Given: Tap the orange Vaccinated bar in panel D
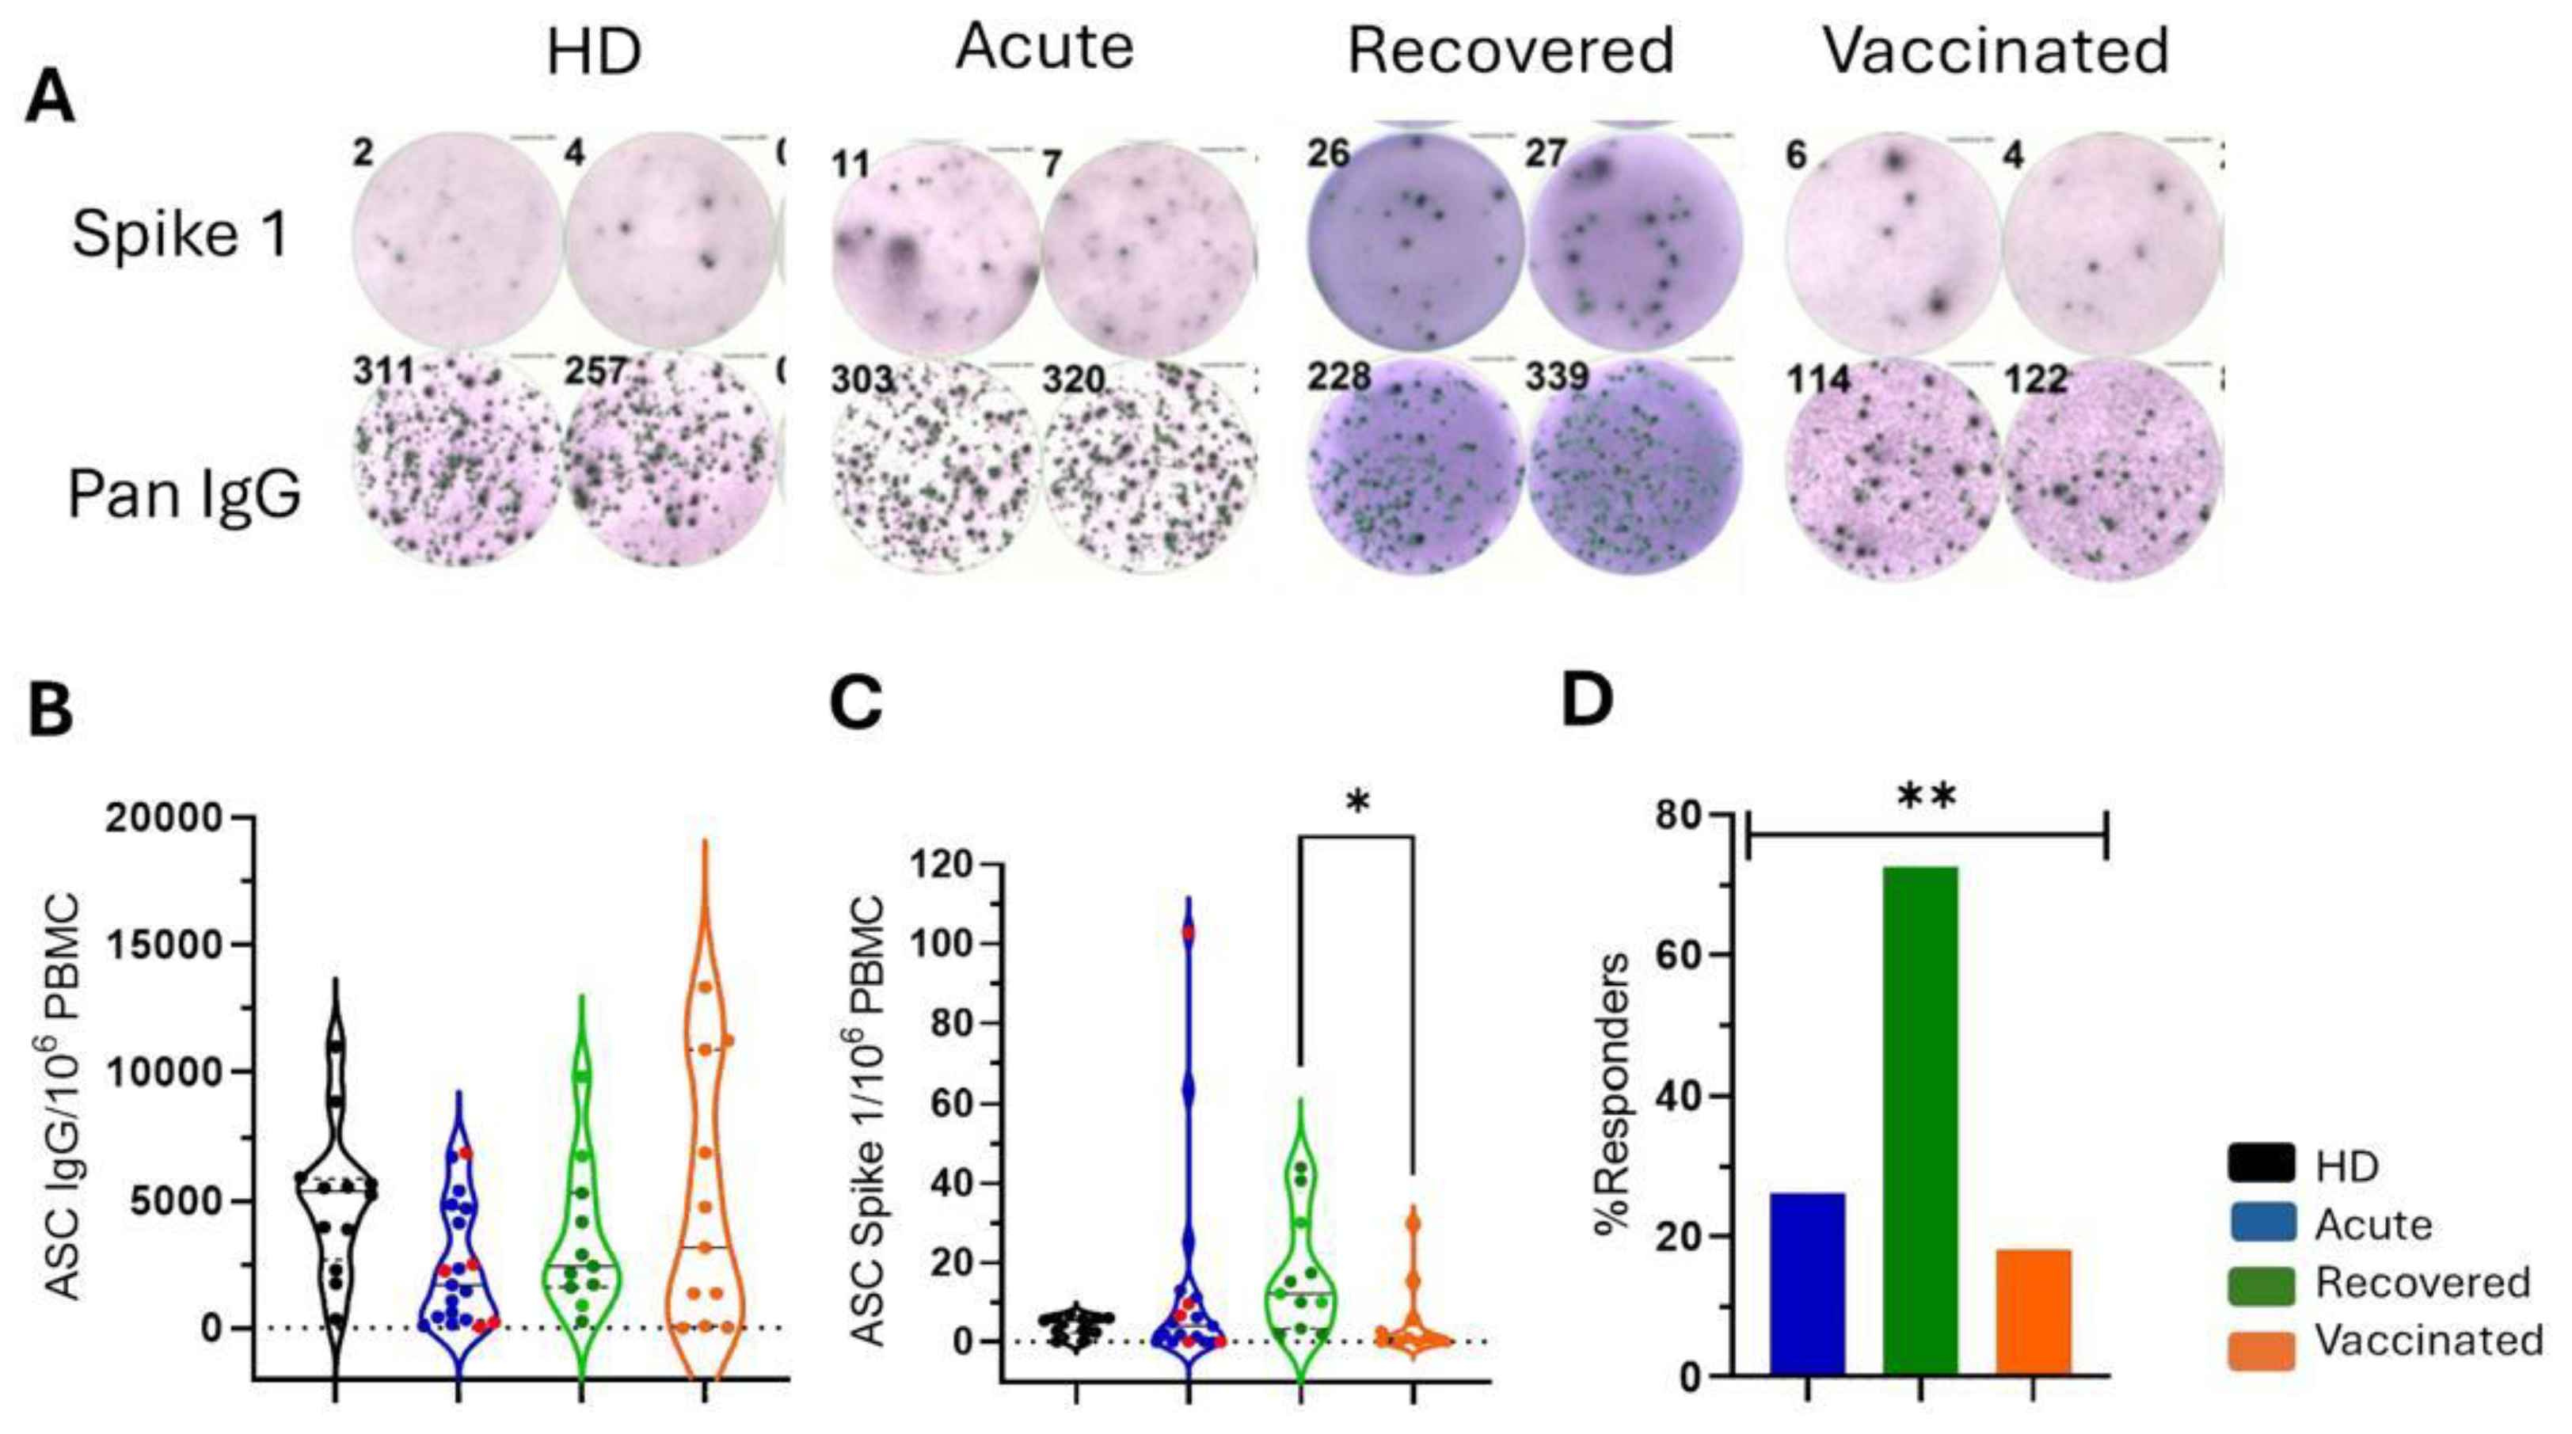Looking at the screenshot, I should point(2034,1310).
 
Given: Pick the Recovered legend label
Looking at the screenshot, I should point(2422,1282).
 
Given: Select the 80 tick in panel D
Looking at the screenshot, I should point(1706,816).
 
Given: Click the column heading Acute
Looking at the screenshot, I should point(1044,47).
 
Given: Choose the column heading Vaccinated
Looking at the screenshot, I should point(1997,50).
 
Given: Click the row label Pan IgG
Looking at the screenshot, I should point(185,494).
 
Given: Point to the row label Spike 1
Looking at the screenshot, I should point(181,236).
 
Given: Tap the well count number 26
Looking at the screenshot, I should point(1329,153).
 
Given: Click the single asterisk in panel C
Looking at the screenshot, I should point(1357,803).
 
